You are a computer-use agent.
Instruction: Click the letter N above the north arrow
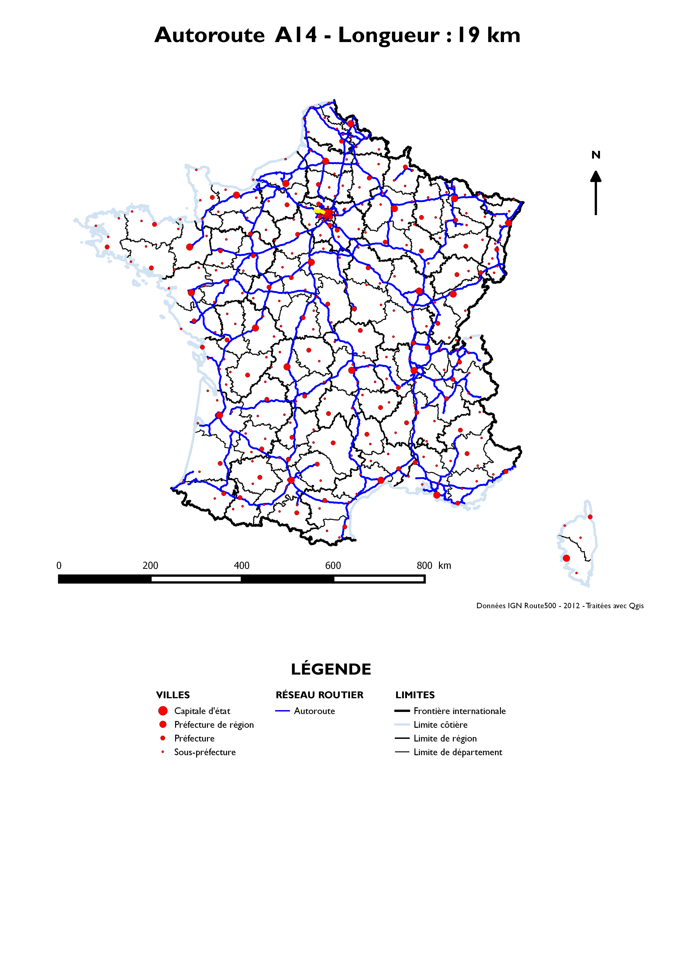(x=596, y=155)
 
